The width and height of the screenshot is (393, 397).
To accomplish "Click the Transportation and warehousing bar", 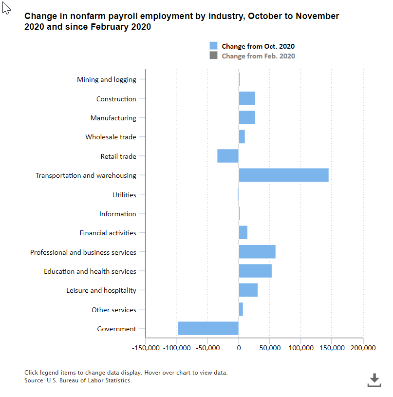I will [x=283, y=175].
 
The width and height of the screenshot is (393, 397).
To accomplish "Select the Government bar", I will [x=208, y=328].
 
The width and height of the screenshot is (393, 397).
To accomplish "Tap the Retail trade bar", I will [x=228, y=156].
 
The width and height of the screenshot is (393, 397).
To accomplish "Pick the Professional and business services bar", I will [x=257, y=252].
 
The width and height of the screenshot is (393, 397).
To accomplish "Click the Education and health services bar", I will [x=255, y=271].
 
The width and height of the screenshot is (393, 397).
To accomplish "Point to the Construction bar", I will [x=247, y=98].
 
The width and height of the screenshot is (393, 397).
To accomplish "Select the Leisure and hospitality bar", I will [x=248, y=290].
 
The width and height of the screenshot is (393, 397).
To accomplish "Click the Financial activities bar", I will [x=243, y=233].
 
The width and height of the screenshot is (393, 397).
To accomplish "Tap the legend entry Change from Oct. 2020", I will [x=258, y=46].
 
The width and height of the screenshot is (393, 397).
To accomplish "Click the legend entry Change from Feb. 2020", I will [x=258, y=56].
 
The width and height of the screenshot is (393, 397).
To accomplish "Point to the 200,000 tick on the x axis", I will [x=363, y=348].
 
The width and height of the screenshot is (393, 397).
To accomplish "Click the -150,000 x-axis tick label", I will [x=146, y=348].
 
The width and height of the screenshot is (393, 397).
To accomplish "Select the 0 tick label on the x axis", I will [x=239, y=348].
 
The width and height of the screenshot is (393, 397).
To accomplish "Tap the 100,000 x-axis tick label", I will [x=300, y=348].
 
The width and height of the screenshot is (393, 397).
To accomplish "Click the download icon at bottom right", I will [x=374, y=379].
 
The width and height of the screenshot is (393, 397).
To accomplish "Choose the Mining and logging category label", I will [x=107, y=79].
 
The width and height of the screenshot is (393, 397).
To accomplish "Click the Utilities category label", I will [x=124, y=195].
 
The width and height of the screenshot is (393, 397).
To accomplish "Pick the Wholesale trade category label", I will [x=111, y=137].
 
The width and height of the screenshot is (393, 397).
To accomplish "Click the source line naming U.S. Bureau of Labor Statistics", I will [x=78, y=380].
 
